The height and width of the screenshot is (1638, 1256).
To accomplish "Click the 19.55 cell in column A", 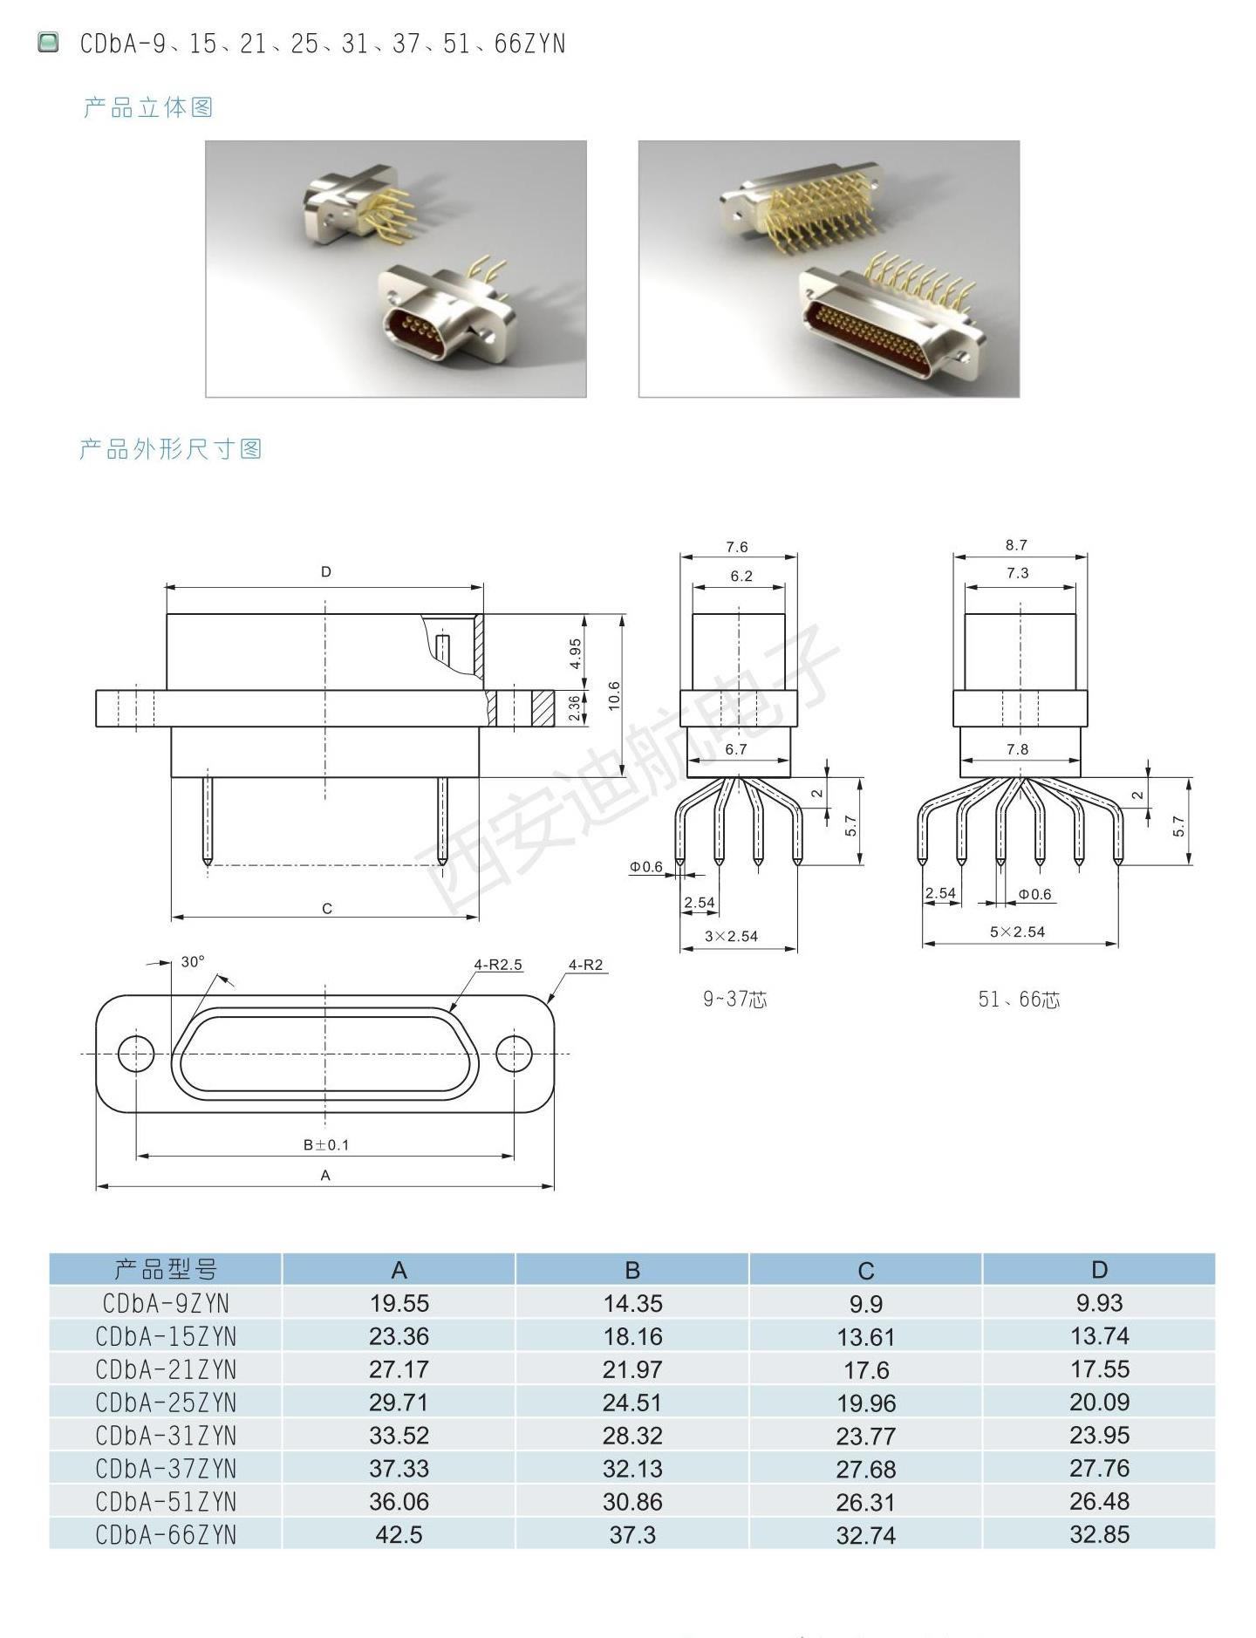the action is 399,1303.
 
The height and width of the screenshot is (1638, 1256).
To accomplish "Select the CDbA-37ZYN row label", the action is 166,1469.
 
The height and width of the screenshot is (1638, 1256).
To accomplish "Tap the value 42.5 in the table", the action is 399,1535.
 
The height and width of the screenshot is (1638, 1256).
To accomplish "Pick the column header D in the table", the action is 1099,1270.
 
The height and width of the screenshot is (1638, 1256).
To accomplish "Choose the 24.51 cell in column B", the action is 632,1403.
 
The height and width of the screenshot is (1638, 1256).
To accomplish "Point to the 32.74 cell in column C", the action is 866,1535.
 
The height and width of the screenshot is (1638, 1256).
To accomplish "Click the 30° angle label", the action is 193,961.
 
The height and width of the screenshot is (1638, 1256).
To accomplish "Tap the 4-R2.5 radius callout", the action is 498,965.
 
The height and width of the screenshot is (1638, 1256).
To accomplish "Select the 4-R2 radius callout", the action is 585,965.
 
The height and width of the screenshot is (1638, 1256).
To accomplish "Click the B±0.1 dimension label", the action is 326,1144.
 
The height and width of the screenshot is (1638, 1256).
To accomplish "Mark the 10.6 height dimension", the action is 615,696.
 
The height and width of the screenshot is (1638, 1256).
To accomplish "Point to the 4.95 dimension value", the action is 576,653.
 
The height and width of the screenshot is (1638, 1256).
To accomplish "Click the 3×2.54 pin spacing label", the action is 731,936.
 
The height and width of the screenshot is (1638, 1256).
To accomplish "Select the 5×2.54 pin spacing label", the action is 1017,932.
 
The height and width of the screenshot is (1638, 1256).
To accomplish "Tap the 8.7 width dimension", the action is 1016,545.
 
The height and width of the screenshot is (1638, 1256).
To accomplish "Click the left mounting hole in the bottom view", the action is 135,1054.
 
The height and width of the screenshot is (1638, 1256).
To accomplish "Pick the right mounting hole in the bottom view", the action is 515,1054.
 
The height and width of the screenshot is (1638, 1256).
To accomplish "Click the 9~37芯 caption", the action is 735,999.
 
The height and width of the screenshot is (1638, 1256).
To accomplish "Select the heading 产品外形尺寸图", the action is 171,449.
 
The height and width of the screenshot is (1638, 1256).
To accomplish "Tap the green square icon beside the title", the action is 48,42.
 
